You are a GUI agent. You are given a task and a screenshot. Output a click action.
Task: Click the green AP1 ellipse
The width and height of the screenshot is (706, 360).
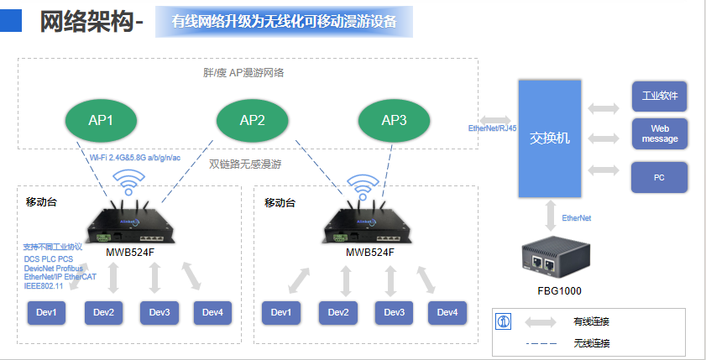(x=101, y=120)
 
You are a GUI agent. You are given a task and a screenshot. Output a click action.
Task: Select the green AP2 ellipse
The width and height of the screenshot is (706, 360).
(x=253, y=120)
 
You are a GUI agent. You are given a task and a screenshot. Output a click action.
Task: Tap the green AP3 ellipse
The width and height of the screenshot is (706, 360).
(x=394, y=120)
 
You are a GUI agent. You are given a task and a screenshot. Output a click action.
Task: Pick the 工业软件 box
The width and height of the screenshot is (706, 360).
(x=660, y=96)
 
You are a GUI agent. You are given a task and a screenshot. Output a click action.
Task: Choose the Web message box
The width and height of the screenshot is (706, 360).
(x=660, y=133)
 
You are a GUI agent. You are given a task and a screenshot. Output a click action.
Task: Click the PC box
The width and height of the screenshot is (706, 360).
(x=660, y=177)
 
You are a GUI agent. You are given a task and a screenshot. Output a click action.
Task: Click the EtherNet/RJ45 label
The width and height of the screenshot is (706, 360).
(x=492, y=128)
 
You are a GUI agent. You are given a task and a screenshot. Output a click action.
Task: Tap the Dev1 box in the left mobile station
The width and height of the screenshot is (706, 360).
(x=46, y=312)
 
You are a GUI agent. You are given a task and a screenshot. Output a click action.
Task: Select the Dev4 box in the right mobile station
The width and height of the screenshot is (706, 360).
(x=447, y=312)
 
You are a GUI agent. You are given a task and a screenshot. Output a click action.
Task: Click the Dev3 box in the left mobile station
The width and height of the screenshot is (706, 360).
(x=160, y=312)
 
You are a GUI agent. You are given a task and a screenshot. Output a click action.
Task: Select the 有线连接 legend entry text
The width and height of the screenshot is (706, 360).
(x=591, y=321)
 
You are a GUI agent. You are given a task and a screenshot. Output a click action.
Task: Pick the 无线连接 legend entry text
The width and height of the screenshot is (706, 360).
(x=591, y=342)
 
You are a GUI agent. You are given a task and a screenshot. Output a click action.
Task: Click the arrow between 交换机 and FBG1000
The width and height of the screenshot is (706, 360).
(x=550, y=215)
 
